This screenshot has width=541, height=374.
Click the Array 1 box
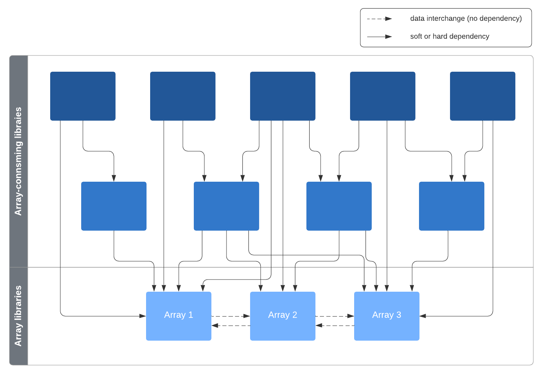179,316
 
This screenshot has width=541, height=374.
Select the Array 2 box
283,316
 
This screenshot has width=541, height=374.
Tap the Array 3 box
387,316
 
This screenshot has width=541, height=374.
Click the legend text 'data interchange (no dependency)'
466,18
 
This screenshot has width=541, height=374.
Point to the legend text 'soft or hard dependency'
450,36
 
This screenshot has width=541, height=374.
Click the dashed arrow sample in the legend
379,19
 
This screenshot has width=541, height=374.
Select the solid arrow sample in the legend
379,37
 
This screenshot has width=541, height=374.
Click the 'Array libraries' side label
18,316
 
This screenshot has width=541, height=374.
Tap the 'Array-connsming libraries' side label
18,161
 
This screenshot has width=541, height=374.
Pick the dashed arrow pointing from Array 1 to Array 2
231,316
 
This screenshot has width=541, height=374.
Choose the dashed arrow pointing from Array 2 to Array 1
231,326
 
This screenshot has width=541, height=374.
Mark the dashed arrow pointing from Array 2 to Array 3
335,316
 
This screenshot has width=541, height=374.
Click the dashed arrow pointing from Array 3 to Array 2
335,326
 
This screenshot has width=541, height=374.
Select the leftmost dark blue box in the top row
83,96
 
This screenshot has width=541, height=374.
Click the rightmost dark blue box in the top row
483,96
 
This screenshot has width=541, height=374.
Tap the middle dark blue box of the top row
283,96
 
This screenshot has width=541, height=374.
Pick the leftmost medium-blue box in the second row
114,206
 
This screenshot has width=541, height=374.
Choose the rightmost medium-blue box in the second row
452,206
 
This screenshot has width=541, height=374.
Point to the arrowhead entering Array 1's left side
143,316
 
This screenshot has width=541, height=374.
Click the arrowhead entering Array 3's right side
423,316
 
